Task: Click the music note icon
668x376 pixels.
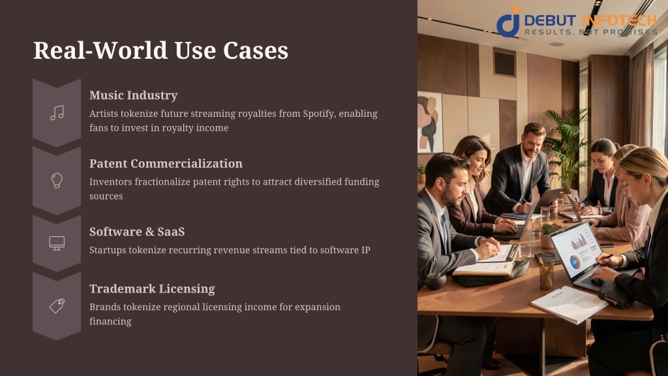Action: click(57, 112)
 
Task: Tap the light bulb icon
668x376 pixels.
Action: click(57, 180)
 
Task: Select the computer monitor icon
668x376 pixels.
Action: click(57, 243)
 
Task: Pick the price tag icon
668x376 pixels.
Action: click(57, 305)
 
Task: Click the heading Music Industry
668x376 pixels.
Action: click(133, 95)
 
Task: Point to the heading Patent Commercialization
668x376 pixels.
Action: click(166, 163)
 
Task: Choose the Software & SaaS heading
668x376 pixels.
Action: click(137, 232)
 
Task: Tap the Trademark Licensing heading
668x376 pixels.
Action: click(152, 289)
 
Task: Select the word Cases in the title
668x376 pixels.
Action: click(256, 50)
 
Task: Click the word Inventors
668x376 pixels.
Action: click(111, 181)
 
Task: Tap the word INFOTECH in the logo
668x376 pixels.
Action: click(620, 20)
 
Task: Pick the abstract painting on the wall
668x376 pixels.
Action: click(429, 122)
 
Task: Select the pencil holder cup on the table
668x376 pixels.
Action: click(546, 275)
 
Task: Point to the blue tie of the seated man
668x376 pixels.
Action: click(444, 232)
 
